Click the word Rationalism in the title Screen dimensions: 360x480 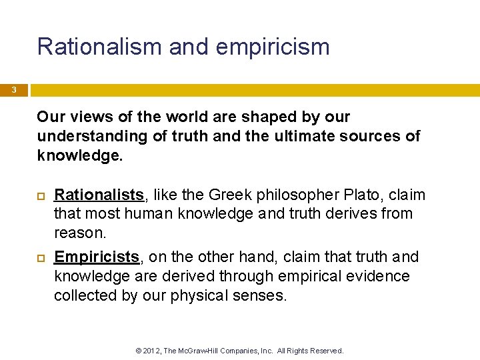click(100, 47)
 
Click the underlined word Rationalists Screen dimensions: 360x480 click(99, 195)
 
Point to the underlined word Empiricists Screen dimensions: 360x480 click(96, 257)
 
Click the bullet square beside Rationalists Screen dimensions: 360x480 click(41, 195)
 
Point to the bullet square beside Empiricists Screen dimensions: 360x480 click(41, 257)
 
